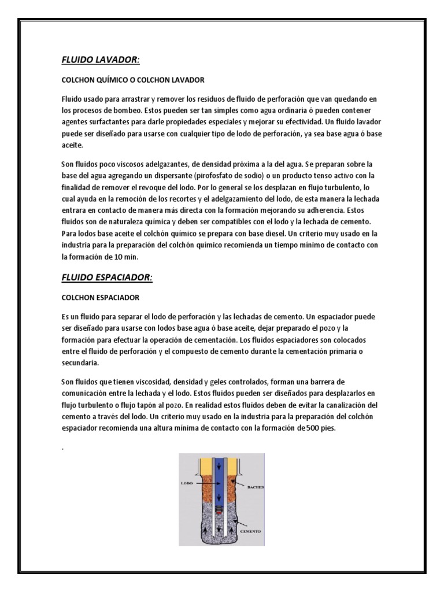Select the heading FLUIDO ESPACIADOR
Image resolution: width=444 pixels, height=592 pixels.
(x=106, y=277)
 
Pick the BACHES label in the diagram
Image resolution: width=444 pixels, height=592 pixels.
(x=254, y=487)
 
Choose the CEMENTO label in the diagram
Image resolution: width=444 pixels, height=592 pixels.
(x=250, y=531)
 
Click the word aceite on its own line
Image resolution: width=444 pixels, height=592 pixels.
(x=72, y=146)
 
